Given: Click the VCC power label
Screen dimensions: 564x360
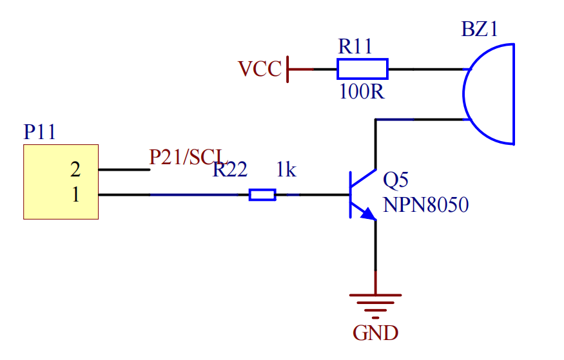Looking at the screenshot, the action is pyautogui.click(x=260, y=69).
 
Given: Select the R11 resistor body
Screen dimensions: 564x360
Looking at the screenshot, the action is pyautogui.click(x=362, y=69).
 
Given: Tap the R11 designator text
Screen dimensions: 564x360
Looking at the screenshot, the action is pyautogui.click(x=355, y=46).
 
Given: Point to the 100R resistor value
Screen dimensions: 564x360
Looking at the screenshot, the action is pyautogui.click(x=362, y=91).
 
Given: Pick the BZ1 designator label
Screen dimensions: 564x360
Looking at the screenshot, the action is pyautogui.click(x=480, y=29).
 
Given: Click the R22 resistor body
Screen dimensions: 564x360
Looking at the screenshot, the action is pyautogui.click(x=262, y=194).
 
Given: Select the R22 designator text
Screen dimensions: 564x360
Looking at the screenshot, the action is pyautogui.click(x=230, y=169).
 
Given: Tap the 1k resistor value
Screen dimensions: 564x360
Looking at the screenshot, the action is pyautogui.click(x=286, y=169).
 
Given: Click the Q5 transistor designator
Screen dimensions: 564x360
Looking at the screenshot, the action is pyautogui.click(x=396, y=180).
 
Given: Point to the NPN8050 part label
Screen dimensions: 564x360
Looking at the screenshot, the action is pyautogui.click(x=426, y=205).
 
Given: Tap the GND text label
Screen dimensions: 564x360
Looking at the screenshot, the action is pyautogui.click(x=376, y=333).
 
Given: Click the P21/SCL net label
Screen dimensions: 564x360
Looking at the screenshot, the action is pyautogui.click(x=188, y=157).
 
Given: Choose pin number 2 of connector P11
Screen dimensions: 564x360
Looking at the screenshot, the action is pyautogui.click(x=75, y=169).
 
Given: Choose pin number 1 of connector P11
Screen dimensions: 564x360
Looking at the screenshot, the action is pyautogui.click(x=75, y=194).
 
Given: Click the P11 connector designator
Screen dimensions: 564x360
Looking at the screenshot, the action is pyautogui.click(x=39, y=132).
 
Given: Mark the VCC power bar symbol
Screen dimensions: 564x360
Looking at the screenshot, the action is pyautogui.click(x=287, y=70).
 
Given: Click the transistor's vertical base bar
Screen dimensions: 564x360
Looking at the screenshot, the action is pyautogui.click(x=351, y=194).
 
